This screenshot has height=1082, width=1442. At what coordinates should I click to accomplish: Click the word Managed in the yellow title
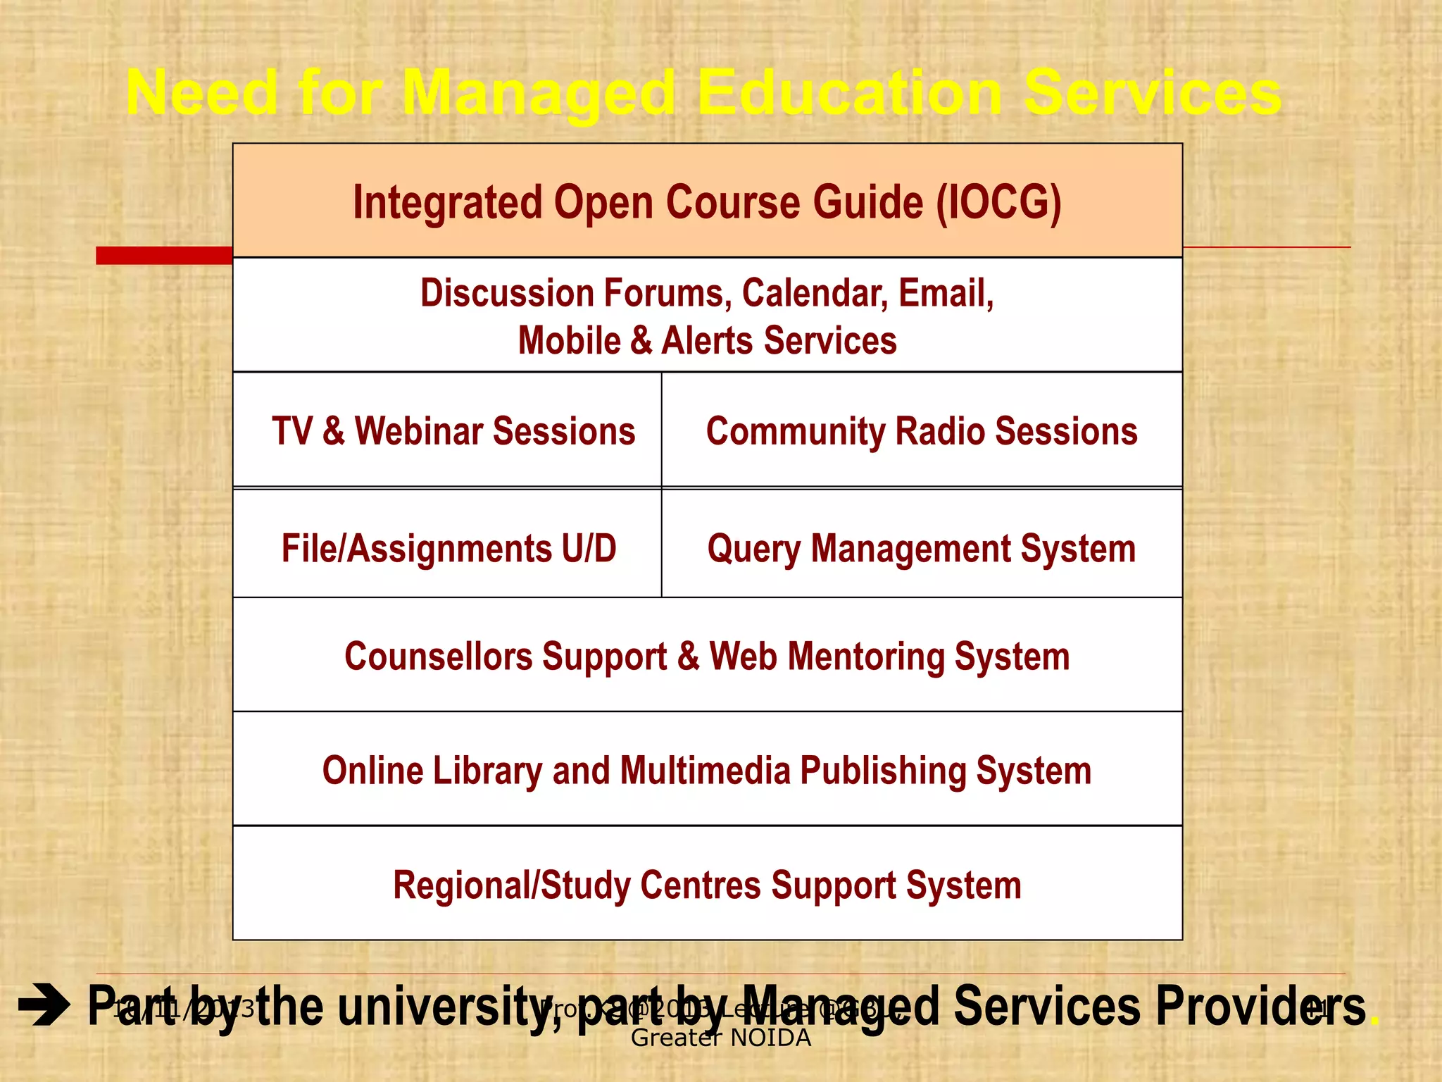pyautogui.click(x=539, y=94)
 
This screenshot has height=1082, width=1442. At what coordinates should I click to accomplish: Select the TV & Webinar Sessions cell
pyautogui.click(x=453, y=431)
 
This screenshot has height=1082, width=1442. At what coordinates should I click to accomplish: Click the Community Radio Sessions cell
pyautogui.click(x=921, y=431)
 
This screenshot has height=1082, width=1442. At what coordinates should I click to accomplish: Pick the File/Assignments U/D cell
pyautogui.click(x=449, y=548)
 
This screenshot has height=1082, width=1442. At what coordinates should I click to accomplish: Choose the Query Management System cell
pyautogui.click(x=921, y=548)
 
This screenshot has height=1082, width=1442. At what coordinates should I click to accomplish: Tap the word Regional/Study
pyautogui.click(x=510, y=885)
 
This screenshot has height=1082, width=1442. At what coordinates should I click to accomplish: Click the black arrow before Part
pyautogui.click(x=44, y=1007)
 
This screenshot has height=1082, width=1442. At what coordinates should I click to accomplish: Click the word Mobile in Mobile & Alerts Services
pyautogui.click(x=569, y=341)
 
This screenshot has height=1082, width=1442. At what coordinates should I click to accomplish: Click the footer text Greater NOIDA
pyautogui.click(x=720, y=1038)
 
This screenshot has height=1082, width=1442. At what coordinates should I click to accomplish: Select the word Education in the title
pyautogui.click(x=849, y=94)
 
